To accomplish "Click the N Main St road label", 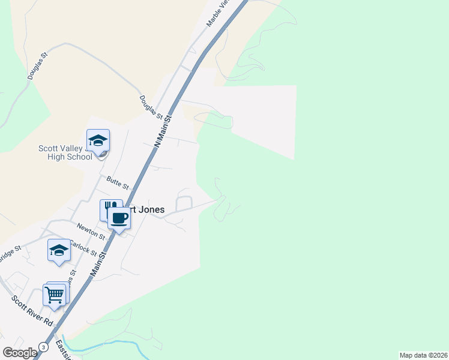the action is [x=163, y=132].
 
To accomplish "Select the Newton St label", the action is [x=91, y=230].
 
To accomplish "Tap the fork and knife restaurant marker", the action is [x=110, y=209].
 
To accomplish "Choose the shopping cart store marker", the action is [x=55, y=295].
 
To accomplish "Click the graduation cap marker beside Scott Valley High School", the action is [x=98, y=140].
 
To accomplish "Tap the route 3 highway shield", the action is [x=43, y=347].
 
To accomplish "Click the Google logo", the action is [x=20, y=353].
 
